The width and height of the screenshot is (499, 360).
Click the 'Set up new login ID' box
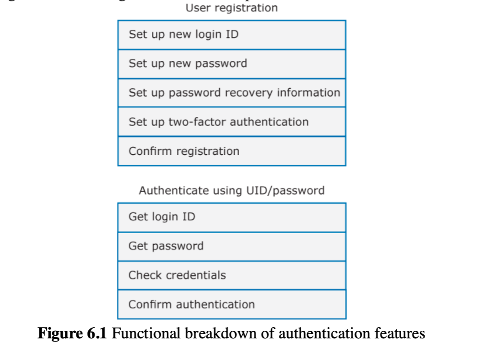tap(231, 35)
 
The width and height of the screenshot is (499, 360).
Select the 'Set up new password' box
tap(231, 64)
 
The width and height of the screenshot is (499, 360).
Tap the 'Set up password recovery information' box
tap(231, 93)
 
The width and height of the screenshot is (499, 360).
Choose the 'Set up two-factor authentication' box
tap(231, 122)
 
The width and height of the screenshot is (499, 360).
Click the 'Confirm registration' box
tap(231, 151)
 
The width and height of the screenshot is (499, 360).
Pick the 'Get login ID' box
tap(231, 217)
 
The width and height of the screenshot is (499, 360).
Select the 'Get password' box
tap(231, 246)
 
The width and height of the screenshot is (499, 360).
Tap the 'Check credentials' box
tap(231, 275)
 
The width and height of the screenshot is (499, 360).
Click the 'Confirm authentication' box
tap(231, 305)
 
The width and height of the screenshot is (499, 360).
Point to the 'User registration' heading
tap(231, 8)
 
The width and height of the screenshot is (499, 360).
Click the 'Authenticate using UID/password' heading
tap(231, 190)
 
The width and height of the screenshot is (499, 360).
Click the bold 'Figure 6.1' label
tap(73, 333)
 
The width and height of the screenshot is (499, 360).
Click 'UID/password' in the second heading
tap(285, 190)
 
